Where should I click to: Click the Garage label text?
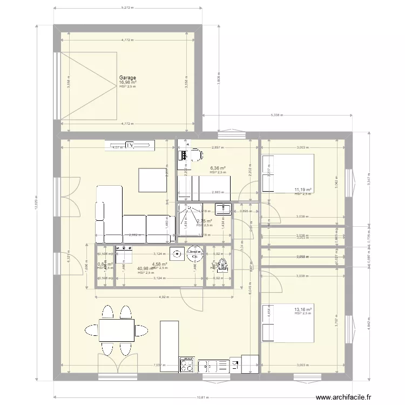(x=127, y=78)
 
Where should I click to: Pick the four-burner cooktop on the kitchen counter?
(x=186, y=366)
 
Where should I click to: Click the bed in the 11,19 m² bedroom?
(x=287, y=173)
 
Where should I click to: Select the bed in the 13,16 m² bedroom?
(x=287, y=323)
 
